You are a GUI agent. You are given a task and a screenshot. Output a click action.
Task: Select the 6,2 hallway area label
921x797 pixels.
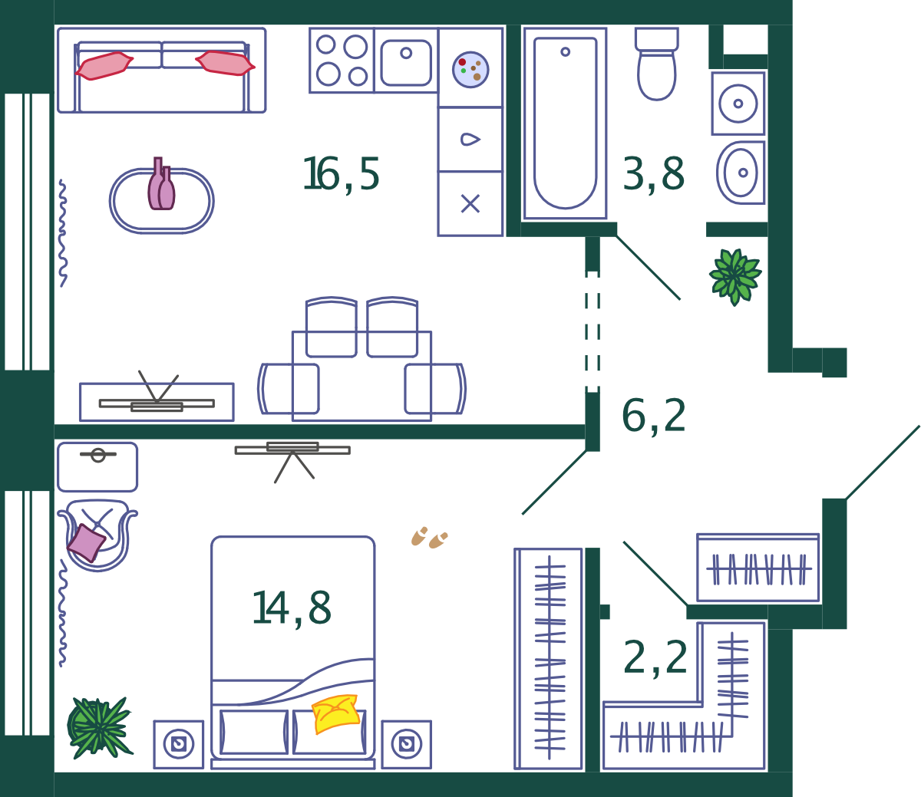(654, 417)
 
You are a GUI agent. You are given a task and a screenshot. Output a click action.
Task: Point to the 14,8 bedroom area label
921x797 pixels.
(292, 608)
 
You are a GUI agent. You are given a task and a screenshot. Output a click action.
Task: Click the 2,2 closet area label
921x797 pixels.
(655, 658)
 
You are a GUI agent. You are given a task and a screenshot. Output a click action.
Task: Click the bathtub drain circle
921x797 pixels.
(565, 51)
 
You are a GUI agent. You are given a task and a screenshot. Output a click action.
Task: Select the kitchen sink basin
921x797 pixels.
(406, 62)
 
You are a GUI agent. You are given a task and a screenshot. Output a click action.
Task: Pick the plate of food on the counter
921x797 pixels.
(470, 70)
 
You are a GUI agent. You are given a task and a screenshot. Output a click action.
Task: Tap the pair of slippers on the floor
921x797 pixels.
(429, 538)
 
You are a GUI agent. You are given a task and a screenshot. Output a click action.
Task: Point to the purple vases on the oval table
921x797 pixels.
(161, 184)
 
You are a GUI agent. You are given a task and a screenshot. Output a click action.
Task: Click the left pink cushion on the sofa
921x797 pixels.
(104, 66)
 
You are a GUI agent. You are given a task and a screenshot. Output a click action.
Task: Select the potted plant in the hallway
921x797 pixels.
(735, 276)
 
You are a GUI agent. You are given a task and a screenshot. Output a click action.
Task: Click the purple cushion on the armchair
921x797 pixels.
(87, 543)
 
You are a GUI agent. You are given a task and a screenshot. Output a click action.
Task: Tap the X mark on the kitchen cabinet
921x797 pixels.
(470, 204)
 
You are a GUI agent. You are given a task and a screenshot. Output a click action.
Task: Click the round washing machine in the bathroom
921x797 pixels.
(738, 104)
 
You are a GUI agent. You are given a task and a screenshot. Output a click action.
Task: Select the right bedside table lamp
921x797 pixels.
(406, 743)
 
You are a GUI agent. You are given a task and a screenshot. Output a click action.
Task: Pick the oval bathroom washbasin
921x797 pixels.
(741, 173)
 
